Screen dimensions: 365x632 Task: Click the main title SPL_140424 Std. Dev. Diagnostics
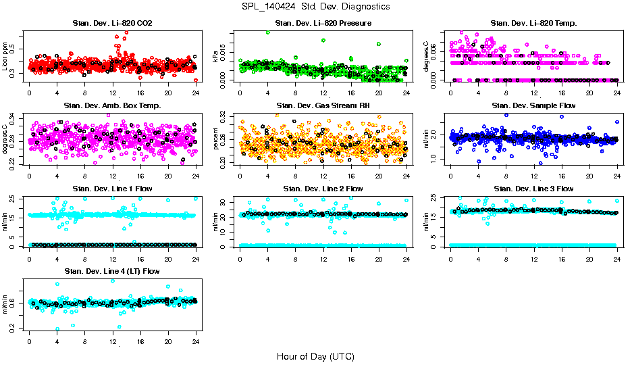coord(315,7)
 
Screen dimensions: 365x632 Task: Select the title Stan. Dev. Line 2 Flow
coord(323,189)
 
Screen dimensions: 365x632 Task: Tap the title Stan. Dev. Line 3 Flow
coord(533,189)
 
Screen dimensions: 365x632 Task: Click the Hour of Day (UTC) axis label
coord(315,356)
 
